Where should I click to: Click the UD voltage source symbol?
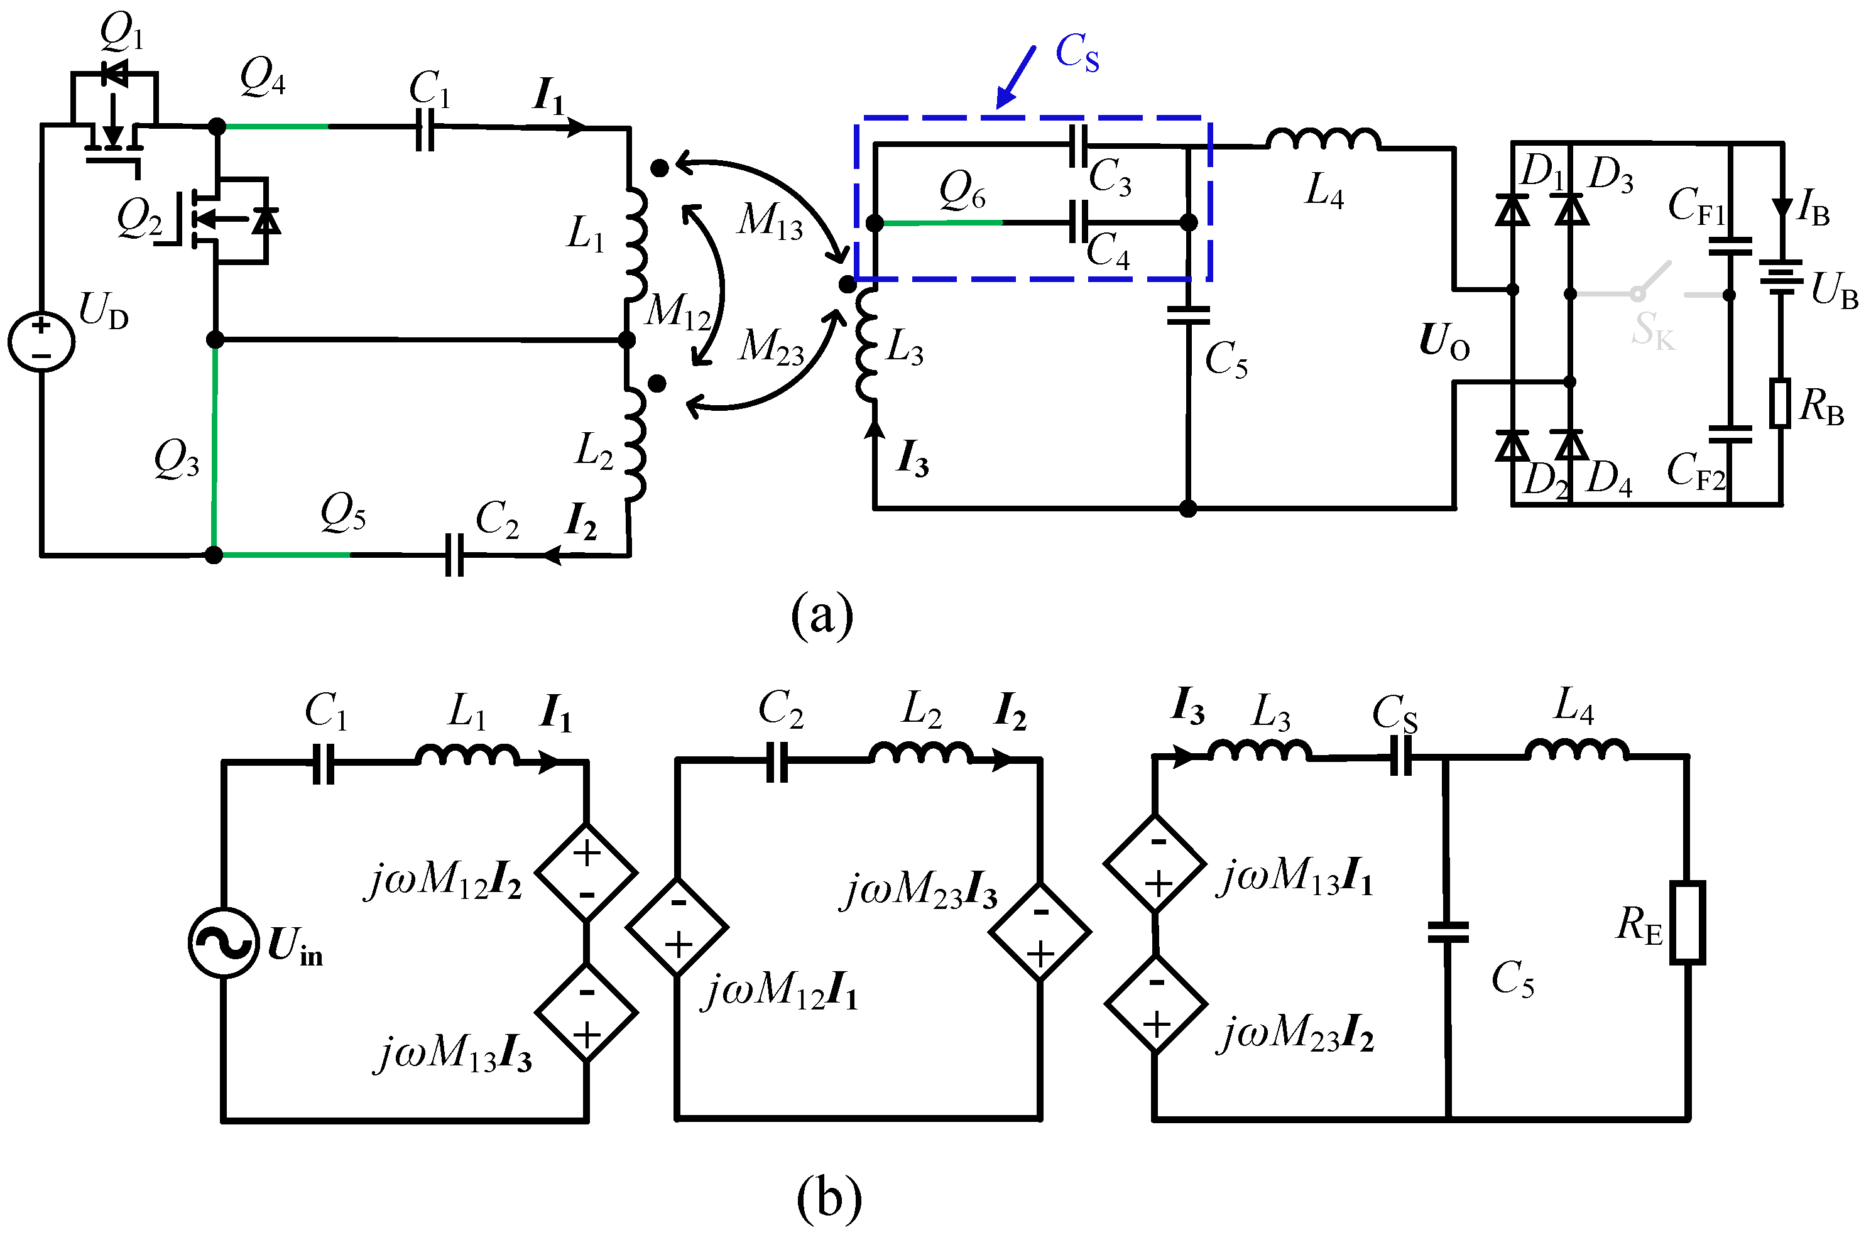click(41, 340)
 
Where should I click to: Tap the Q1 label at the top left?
click(121, 32)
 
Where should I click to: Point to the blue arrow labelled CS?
click(1016, 77)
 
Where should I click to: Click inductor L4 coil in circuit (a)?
click(1324, 139)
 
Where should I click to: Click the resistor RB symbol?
click(1780, 403)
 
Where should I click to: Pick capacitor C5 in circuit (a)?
click(1188, 315)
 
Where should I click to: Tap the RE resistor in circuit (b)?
click(1688, 923)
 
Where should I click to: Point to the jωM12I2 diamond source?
click(586, 873)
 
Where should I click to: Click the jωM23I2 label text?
click(1296, 1033)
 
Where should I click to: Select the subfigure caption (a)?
click(822, 616)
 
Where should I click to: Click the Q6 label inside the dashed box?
click(962, 192)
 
